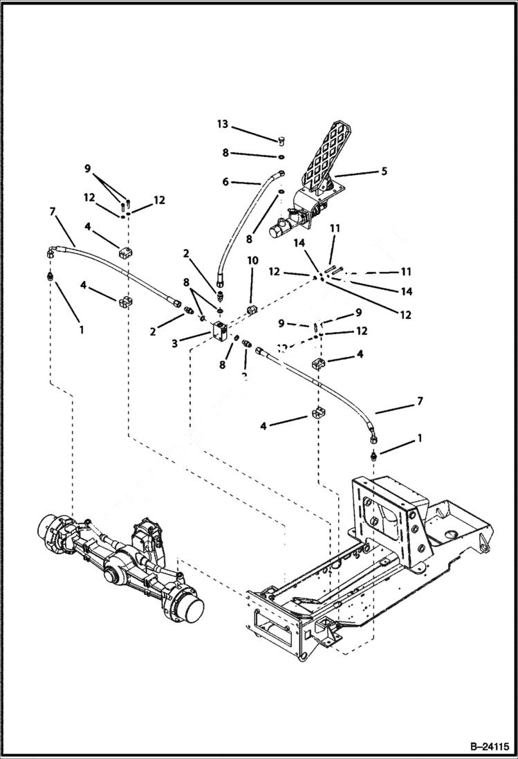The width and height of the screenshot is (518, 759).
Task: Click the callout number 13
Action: (x=222, y=125)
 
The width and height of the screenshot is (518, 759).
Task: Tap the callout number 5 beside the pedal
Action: (x=383, y=170)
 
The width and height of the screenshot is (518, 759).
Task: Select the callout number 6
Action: (x=225, y=183)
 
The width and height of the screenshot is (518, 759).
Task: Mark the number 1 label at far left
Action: (x=81, y=330)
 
